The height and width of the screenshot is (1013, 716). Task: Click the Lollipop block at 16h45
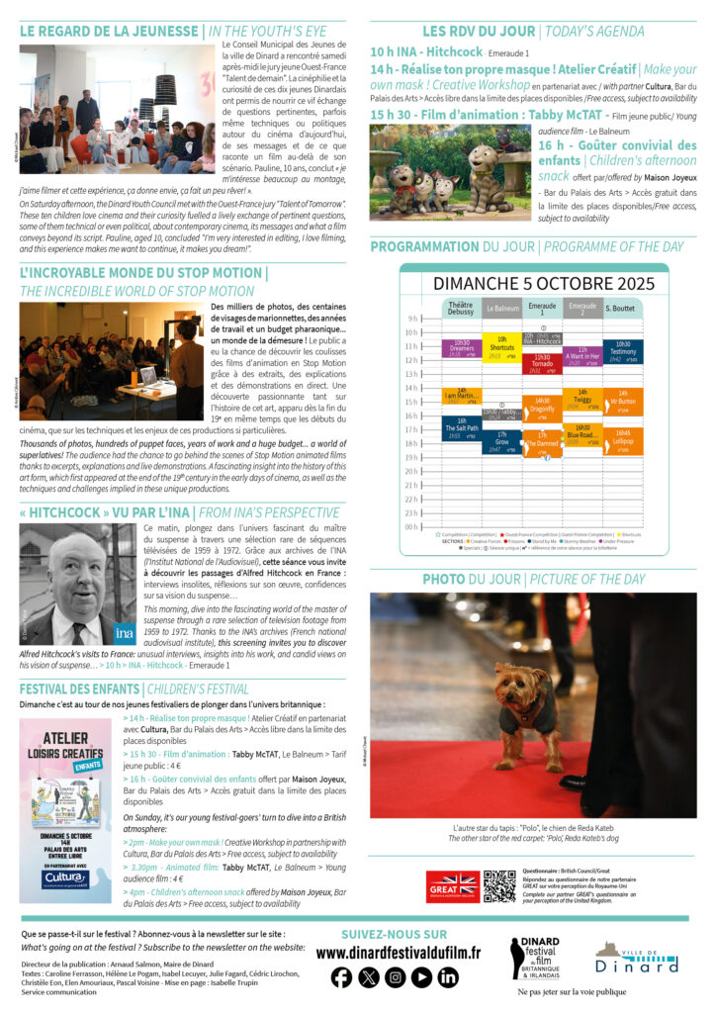(x=623, y=440)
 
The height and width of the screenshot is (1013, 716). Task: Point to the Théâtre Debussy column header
(x=461, y=309)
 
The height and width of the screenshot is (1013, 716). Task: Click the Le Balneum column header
(x=501, y=309)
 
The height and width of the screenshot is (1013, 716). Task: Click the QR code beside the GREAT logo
(x=499, y=885)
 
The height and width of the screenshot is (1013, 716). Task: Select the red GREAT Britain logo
(x=453, y=885)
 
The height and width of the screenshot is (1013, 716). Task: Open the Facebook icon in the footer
(x=341, y=977)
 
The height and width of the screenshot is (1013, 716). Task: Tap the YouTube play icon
(x=421, y=977)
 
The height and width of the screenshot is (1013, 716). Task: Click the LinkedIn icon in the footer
(x=448, y=977)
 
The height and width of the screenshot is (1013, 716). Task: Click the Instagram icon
(x=395, y=977)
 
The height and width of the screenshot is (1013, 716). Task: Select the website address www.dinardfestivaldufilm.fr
(x=398, y=953)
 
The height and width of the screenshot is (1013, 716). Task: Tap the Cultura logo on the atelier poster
(x=65, y=876)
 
